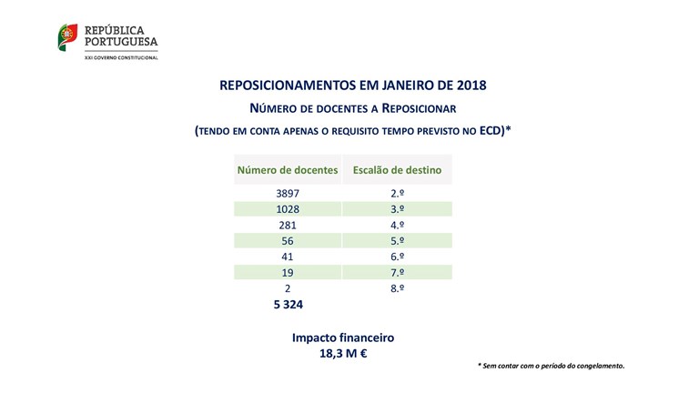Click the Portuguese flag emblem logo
click(68, 38)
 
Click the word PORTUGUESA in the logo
click(120, 42)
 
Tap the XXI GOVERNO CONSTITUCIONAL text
click(120, 57)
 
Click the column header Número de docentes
click(288, 169)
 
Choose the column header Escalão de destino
click(397, 169)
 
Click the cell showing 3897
click(287, 193)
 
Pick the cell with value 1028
click(287, 208)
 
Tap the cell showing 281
click(287, 225)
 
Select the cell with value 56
click(287, 240)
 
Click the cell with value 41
click(287, 257)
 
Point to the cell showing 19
click(287, 272)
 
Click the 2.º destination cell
click(397, 193)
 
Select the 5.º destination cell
click(397, 240)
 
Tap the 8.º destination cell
click(397, 287)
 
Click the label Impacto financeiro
click(343, 337)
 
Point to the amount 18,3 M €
click(343, 354)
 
